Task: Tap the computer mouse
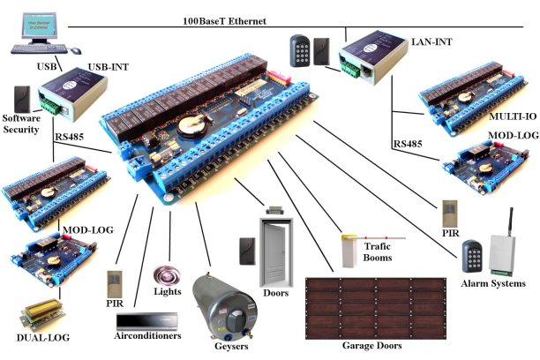(x=72, y=51)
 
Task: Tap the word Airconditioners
(x=147, y=336)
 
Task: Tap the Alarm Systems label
(x=492, y=284)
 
